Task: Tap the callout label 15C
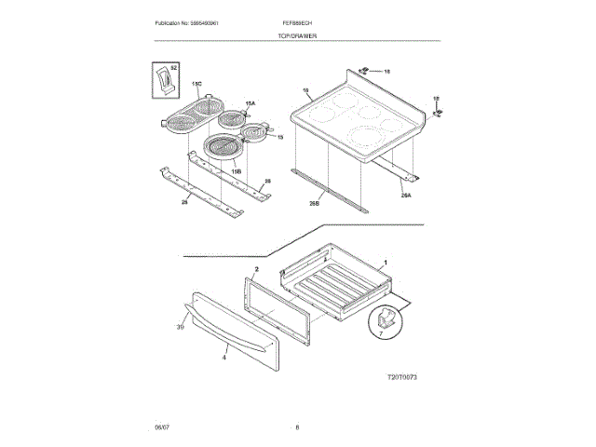coord(196,83)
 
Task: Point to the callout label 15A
coord(250,103)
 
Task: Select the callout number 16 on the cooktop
coord(306,90)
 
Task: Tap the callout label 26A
coord(406,195)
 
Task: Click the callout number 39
coord(181,326)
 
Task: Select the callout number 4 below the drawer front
coord(224,356)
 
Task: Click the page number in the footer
coord(297,427)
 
